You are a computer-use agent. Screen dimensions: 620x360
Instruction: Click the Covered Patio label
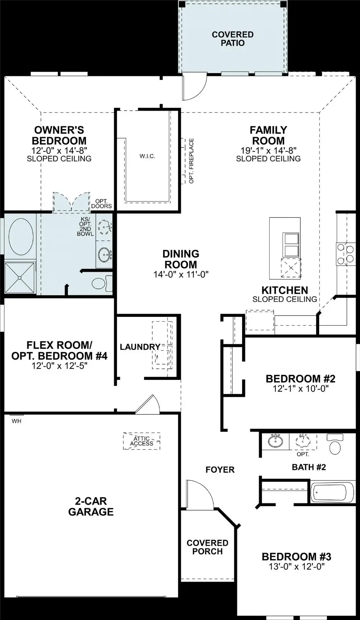pyautogui.click(x=232, y=39)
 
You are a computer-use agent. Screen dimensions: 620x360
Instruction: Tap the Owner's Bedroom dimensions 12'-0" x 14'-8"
pyautogui.click(x=59, y=150)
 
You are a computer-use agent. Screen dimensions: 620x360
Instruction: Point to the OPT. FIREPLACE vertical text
pyautogui.click(x=191, y=161)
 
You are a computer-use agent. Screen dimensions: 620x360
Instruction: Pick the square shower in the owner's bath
pyautogui.click(x=19, y=278)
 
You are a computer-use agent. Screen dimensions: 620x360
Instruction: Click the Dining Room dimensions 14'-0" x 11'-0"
pyautogui.click(x=181, y=275)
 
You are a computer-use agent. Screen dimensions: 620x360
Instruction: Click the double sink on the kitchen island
pyautogui.click(x=291, y=244)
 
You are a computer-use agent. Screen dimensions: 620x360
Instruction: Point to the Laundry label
pyautogui.click(x=140, y=347)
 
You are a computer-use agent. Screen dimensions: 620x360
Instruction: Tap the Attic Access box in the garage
pyautogui.click(x=142, y=441)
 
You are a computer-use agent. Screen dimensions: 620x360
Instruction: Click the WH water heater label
pyautogui.click(x=16, y=421)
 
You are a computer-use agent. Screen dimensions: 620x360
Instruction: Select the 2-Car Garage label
pyautogui.click(x=91, y=507)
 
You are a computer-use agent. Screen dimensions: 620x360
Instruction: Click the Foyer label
pyautogui.click(x=220, y=469)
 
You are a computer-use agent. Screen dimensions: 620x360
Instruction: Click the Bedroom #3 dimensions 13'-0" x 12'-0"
pyautogui.click(x=297, y=566)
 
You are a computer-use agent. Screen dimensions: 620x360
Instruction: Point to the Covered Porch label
pyautogui.click(x=207, y=547)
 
